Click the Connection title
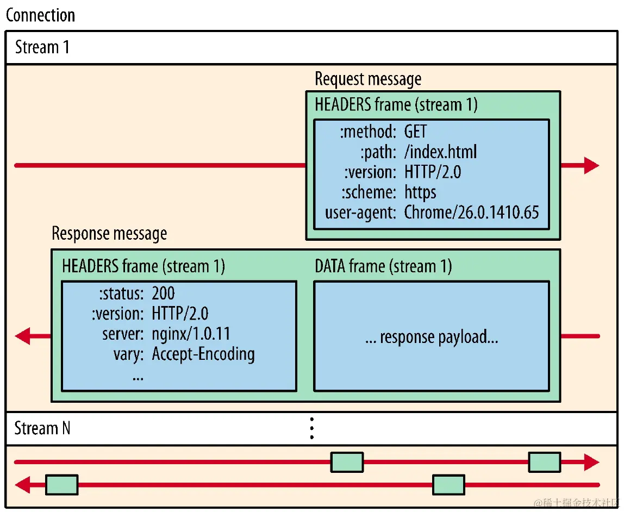(41, 15)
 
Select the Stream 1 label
(42, 47)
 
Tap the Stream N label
(42, 428)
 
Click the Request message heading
(368, 79)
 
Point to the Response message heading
(109, 234)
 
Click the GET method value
(416, 131)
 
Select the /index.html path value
(441, 152)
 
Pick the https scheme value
(420, 192)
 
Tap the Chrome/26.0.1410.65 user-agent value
(471, 212)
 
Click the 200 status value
(164, 294)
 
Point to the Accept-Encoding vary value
(203, 354)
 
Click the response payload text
(432, 337)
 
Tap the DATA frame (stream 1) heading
(383, 266)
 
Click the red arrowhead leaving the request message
(591, 165)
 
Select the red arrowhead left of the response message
(23, 336)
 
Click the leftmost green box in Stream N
(61, 485)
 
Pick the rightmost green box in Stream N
(544, 462)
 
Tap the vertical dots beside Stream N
(311, 428)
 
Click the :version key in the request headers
(371, 172)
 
